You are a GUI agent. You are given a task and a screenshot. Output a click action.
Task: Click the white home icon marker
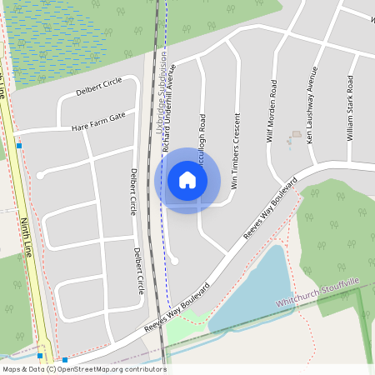tap(187, 180)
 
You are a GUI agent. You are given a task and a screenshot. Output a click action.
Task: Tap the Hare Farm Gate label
tap(97, 120)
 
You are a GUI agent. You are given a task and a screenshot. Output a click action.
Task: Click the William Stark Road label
tap(351, 108)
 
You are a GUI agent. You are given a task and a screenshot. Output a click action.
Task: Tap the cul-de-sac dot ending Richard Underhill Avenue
tap(174, 261)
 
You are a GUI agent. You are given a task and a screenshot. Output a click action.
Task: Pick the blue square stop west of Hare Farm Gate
tap(18, 146)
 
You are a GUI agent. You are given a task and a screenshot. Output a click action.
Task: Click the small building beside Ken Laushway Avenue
tap(296, 133)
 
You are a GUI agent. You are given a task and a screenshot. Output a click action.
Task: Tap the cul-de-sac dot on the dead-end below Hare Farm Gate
tap(39, 175)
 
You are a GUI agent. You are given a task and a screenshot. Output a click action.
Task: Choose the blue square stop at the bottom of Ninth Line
tap(64, 360)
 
